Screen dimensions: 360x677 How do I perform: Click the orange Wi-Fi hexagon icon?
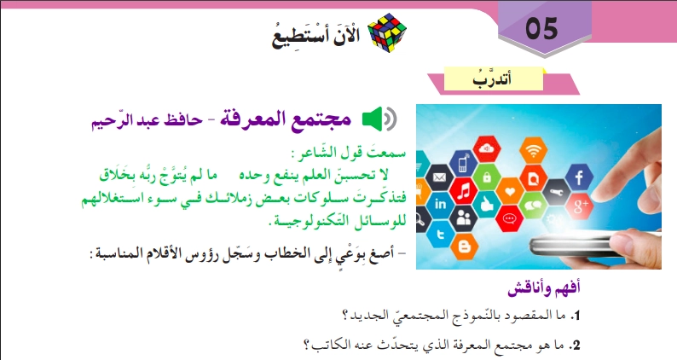tap(535, 153)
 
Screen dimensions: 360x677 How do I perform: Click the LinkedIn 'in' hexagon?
tap(441, 205)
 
